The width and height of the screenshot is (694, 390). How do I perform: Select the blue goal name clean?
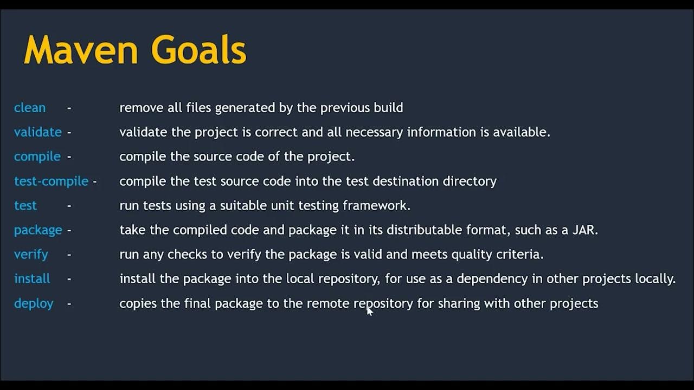tap(30, 108)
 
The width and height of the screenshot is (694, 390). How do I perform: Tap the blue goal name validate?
tap(38, 132)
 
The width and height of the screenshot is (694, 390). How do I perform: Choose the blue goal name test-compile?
tap(51, 181)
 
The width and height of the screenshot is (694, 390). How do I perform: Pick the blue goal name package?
tap(38, 230)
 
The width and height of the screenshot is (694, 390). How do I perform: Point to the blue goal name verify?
tap(31, 255)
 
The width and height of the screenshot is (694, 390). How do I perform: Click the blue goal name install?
tap(32, 279)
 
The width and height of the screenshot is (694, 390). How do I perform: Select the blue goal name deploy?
tap(34, 303)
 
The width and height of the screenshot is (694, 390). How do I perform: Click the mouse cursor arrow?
tap(369, 310)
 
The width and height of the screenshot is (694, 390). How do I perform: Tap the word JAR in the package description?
tap(584, 230)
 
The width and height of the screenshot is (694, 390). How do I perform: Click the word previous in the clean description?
tap(345, 108)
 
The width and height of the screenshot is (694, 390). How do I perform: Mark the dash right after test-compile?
tap(95, 181)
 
